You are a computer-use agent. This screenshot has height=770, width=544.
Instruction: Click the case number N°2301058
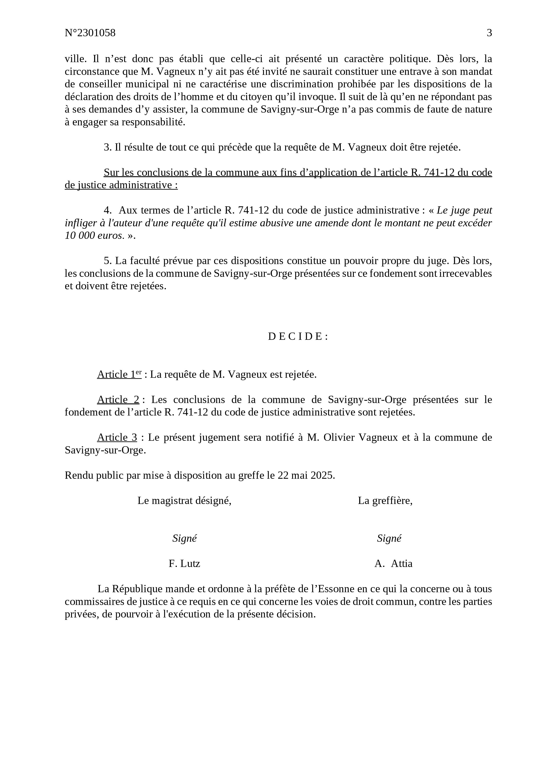[90, 33]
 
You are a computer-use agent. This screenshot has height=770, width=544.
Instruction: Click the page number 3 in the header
[489, 33]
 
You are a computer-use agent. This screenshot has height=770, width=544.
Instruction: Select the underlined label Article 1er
[119, 374]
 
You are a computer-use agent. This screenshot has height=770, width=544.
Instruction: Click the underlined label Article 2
[118, 399]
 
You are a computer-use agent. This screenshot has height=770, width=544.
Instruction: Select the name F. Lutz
[184, 563]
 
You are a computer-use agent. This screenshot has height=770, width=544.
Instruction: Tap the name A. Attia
[393, 563]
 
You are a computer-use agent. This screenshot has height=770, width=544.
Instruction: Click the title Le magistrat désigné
[184, 500]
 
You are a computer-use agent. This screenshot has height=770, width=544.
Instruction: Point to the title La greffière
[385, 500]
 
